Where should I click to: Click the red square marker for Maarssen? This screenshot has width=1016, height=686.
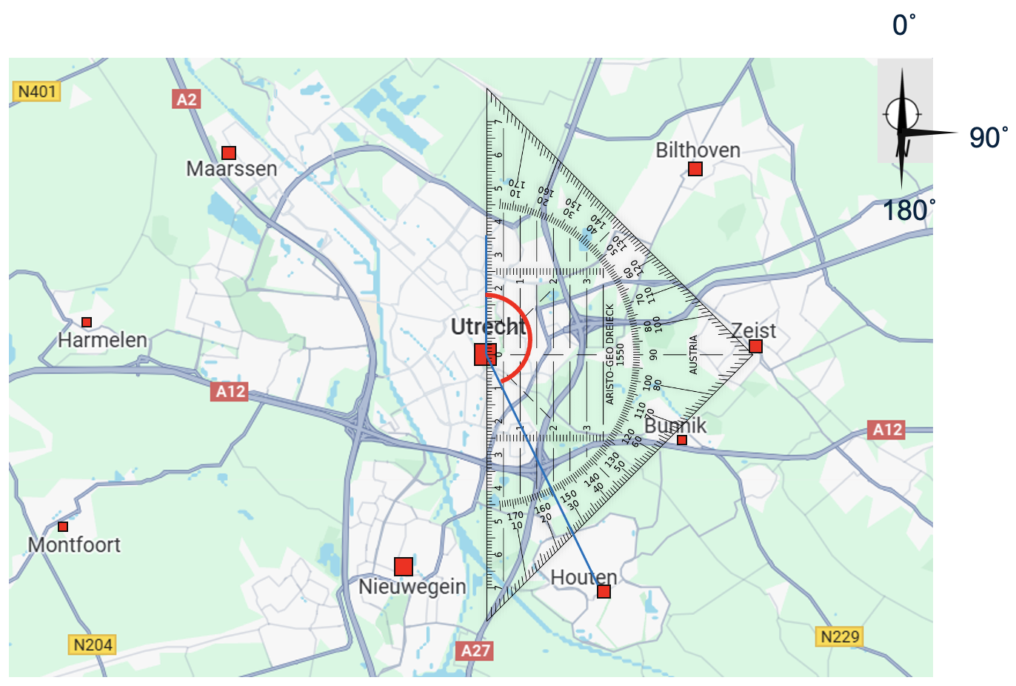(x=229, y=153)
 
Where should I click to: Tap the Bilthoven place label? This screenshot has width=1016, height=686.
(x=698, y=150)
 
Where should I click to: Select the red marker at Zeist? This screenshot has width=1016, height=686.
(x=755, y=346)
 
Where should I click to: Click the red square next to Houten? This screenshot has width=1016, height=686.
(x=604, y=591)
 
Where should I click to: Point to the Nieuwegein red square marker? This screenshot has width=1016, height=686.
(x=404, y=567)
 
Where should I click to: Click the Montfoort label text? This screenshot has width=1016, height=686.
(x=74, y=545)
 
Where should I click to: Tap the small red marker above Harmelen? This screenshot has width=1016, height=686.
(x=87, y=322)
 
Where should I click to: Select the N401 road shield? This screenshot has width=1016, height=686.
(x=37, y=92)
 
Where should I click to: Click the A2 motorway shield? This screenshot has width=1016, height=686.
(x=187, y=99)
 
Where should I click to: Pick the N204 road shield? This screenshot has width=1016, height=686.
(x=93, y=645)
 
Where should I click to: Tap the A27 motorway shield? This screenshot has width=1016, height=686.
(x=475, y=650)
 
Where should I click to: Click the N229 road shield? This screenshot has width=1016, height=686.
(x=840, y=636)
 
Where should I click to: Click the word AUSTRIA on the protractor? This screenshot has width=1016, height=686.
(x=694, y=355)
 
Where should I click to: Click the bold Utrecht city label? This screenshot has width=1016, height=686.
(x=488, y=327)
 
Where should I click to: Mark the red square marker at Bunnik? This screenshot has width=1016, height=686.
(x=682, y=440)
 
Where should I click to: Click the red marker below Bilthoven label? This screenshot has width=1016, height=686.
(x=695, y=169)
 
